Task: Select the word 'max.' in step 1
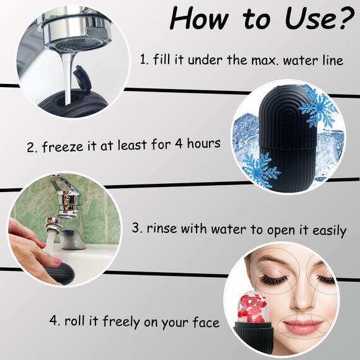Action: click(x=268, y=61)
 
